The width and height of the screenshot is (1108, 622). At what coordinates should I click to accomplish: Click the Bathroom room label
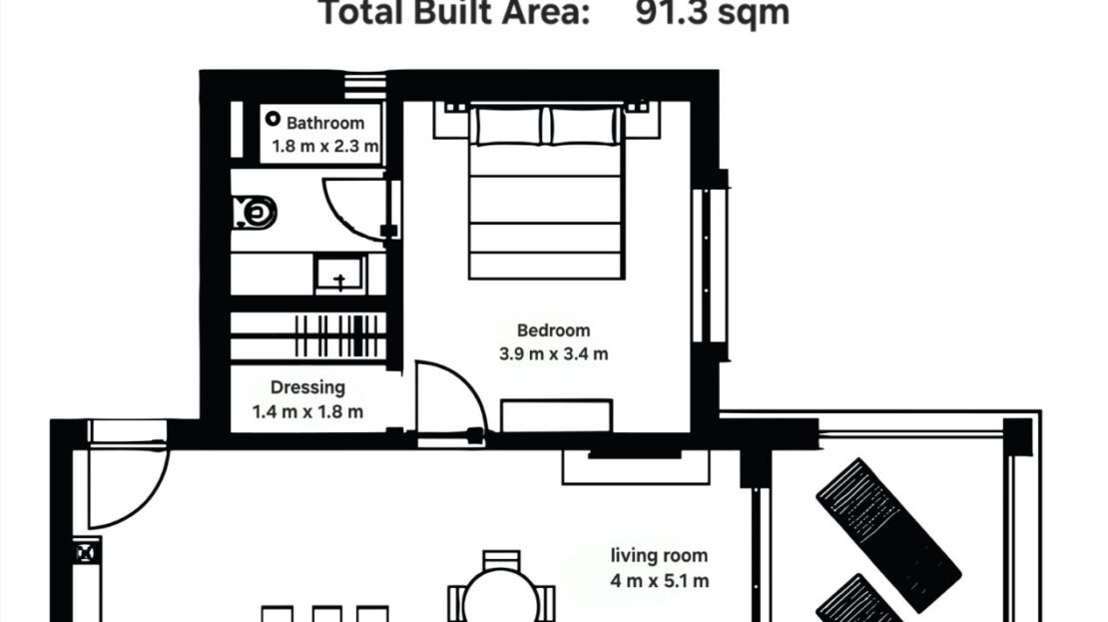click(x=325, y=123)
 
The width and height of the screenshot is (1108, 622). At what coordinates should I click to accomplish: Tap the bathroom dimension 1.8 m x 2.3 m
click(x=325, y=147)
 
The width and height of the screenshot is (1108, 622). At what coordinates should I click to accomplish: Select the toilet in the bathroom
click(x=254, y=212)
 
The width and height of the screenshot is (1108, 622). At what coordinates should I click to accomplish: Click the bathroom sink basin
click(x=340, y=275)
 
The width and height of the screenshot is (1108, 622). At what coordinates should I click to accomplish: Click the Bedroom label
click(x=553, y=330)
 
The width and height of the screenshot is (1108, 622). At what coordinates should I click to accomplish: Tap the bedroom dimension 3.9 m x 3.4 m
click(x=553, y=354)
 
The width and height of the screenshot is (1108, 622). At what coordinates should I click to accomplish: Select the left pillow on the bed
click(x=509, y=127)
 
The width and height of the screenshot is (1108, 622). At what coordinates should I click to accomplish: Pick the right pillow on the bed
click(x=584, y=127)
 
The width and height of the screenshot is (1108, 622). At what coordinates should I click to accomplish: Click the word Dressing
click(x=307, y=387)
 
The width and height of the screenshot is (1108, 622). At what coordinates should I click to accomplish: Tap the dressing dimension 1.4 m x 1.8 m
click(x=307, y=411)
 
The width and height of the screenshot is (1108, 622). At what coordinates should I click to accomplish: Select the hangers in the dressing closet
click(x=339, y=335)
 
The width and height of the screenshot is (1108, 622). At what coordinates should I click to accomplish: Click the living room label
click(x=659, y=556)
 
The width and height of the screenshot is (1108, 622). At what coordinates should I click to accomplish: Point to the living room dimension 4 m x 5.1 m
click(x=659, y=581)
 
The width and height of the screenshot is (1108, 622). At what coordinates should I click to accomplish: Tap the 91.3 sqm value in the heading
click(x=712, y=13)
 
